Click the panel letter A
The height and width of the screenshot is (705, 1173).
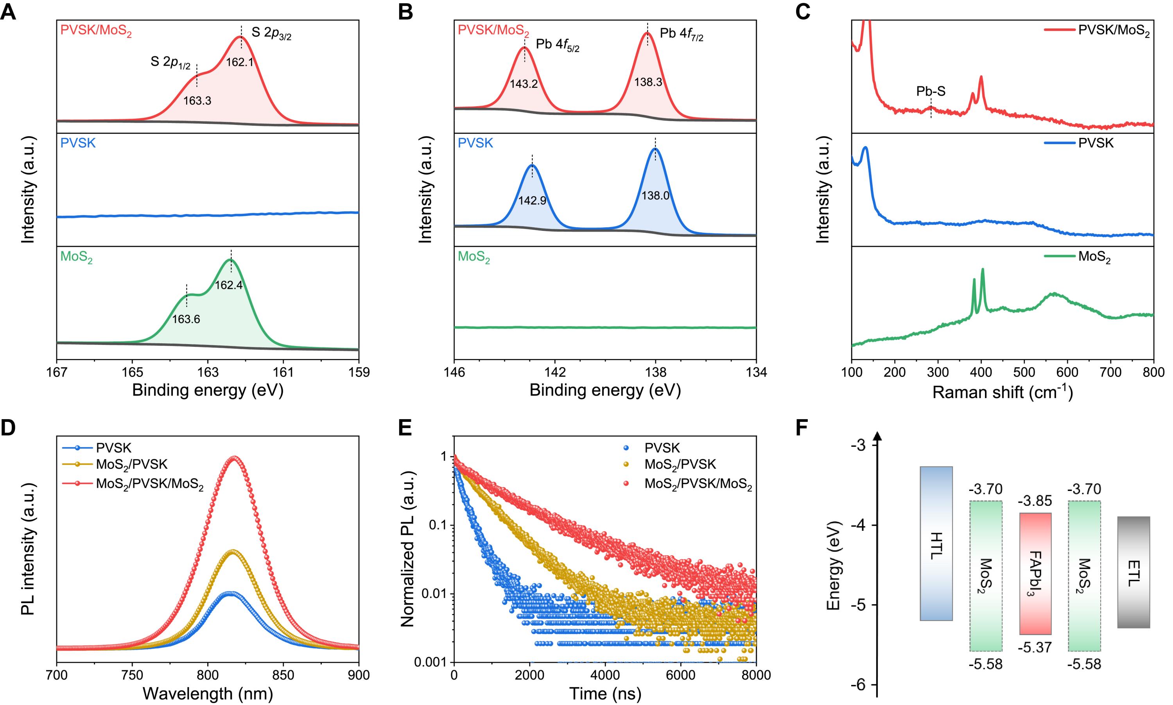pos(8,12)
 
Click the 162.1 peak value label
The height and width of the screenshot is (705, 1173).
pos(239,62)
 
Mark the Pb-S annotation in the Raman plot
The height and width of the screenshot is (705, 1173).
pos(931,92)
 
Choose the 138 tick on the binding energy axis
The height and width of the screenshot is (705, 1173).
pos(656,372)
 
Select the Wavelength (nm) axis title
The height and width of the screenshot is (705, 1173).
pos(207,694)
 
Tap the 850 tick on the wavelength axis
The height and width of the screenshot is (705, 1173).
pos(283,674)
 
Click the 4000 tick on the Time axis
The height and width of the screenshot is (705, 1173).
pos(605,674)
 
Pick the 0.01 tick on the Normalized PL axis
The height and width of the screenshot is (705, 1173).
pos(435,594)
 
